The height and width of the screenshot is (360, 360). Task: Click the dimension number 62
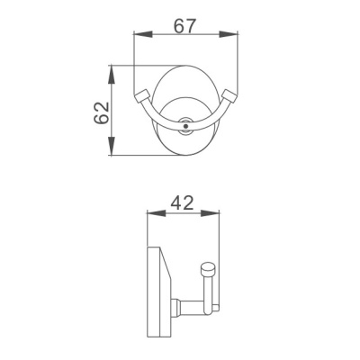pos(100,112)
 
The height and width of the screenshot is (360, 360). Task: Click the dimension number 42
pos(183,203)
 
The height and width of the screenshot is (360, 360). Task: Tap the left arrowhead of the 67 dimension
pos(139,38)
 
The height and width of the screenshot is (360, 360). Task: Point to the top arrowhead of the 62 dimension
pos(112,69)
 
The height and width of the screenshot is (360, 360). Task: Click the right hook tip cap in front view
pos(229,95)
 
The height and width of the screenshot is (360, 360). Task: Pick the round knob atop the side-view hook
pos(208,267)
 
